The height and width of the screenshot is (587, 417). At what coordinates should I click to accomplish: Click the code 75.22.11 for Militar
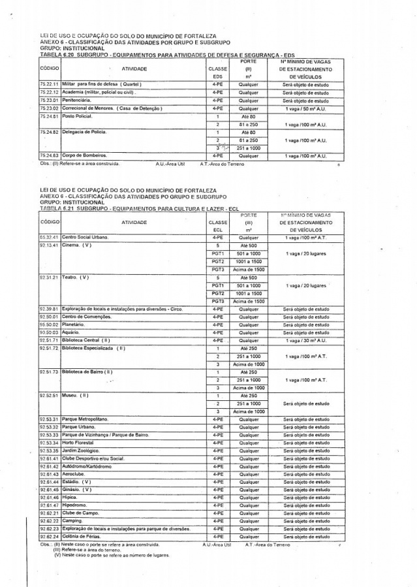pos(49,85)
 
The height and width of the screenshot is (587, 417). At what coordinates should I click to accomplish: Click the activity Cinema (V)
pos(76,246)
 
